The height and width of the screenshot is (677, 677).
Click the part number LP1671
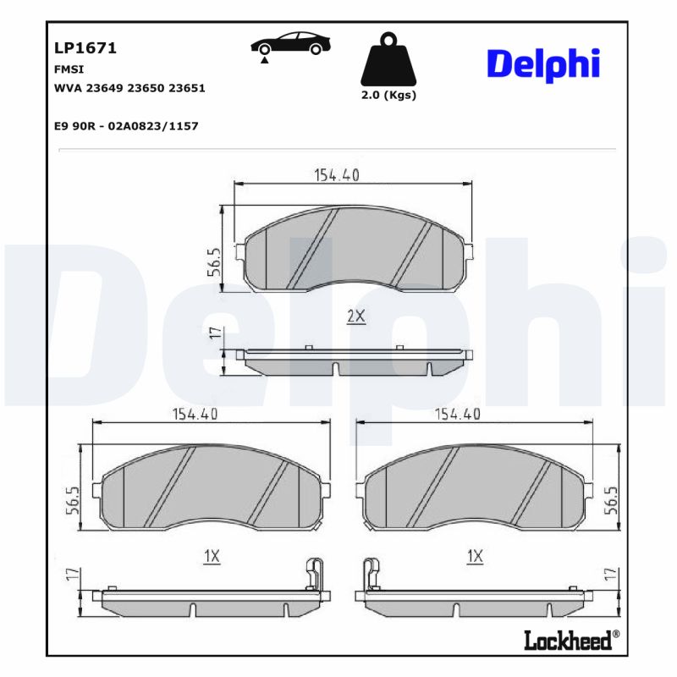85,48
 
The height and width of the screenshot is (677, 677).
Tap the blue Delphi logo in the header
543,63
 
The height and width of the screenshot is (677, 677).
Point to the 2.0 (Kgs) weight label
388,95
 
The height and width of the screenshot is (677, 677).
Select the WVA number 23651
187,87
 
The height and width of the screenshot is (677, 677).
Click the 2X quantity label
355,316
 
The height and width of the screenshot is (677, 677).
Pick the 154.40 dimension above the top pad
338,175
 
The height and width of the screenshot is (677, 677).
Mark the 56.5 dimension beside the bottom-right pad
614,499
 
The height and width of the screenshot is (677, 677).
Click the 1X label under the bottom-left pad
212,556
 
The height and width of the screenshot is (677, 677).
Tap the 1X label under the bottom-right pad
475,556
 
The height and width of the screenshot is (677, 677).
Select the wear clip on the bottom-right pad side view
369,574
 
